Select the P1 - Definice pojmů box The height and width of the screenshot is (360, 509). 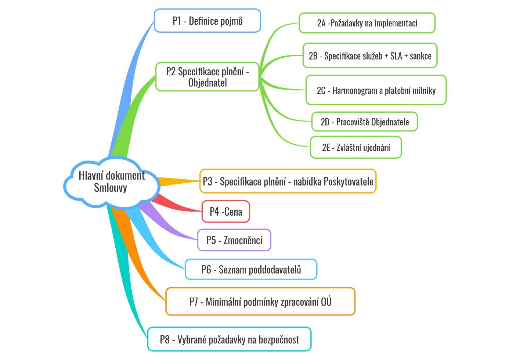[207, 21]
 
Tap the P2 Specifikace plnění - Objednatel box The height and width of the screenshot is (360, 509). [207, 77]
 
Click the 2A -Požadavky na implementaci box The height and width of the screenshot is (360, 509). [367, 23]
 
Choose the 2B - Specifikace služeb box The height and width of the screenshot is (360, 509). [370, 56]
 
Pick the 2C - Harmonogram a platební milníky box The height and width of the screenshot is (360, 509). [376, 90]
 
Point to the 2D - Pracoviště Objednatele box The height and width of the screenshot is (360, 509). [365, 122]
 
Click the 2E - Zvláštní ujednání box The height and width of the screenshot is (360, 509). [356, 148]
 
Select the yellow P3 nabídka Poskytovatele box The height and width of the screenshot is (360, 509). [288, 181]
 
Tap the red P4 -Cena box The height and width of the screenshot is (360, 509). [226, 212]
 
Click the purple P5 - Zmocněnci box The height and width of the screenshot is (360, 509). [234, 240]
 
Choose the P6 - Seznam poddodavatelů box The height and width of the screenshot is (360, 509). [251, 270]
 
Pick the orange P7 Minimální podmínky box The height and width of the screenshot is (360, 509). [260, 302]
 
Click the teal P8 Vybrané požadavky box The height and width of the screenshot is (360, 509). [229, 339]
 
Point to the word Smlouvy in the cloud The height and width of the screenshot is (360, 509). [111, 188]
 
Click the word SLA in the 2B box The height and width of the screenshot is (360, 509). [396, 56]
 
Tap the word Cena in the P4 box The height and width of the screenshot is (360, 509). [233, 212]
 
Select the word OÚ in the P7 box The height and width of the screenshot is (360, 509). [326, 302]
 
